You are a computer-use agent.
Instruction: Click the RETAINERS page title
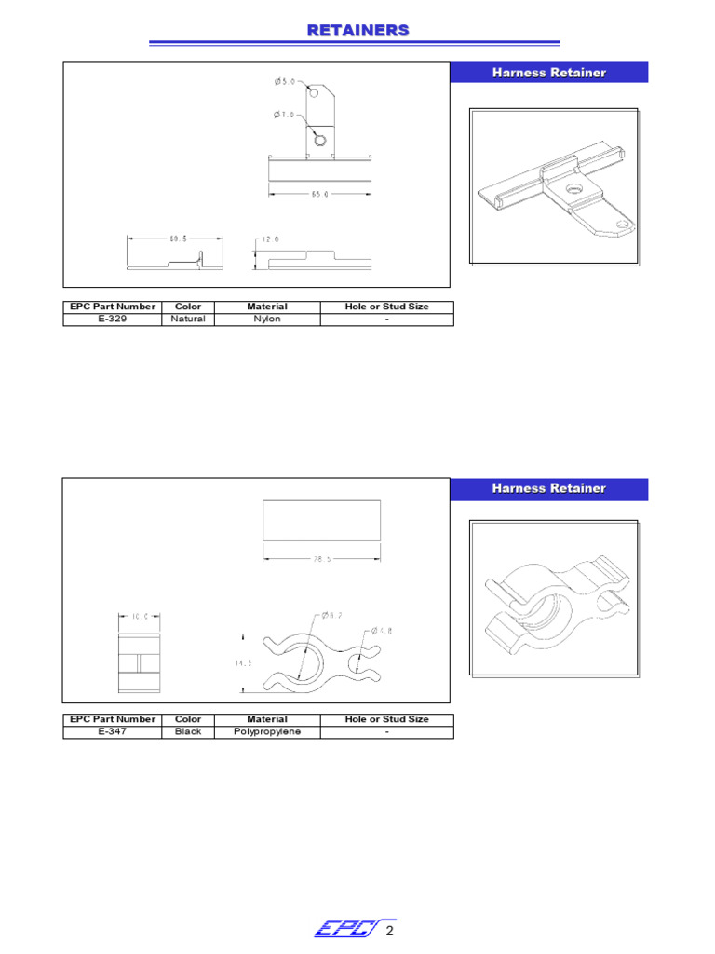357,31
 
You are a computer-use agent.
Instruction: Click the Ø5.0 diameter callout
285,82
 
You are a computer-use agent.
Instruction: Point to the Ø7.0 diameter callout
285,115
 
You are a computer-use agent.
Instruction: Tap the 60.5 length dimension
178,238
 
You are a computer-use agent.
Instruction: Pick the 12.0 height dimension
271,239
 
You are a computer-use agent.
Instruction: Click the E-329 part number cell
112,319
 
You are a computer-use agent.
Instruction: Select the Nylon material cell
267,319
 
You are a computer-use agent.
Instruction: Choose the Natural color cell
188,319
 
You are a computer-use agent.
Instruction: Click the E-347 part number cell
112,732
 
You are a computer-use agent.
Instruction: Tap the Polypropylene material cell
267,732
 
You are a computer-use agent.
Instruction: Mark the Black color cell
188,732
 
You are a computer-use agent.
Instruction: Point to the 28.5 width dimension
322,560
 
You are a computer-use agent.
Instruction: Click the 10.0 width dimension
140,617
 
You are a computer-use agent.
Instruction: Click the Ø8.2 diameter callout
332,616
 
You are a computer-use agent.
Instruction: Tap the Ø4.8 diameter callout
382,631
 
